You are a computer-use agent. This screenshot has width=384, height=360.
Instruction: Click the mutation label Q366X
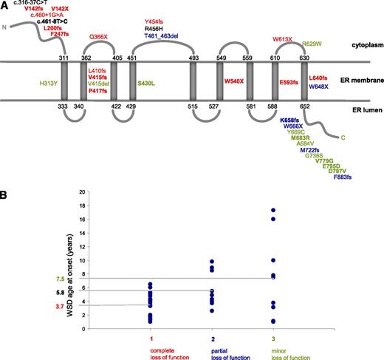click(x=98, y=37)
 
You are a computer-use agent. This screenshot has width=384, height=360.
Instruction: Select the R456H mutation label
click(x=154, y=29)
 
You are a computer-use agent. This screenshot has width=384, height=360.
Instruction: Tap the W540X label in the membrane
click(x=234, y=81)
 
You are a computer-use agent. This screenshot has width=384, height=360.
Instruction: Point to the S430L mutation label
click(x=146, y=84)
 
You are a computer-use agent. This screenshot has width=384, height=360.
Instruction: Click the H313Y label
click(x=49, y=84)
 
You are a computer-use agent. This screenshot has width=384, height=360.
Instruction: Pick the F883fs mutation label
click(x=343, y=177)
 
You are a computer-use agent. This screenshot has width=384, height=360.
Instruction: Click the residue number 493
click(x=193, y=58)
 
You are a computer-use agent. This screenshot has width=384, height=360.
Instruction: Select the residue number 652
click(x=305, y=106)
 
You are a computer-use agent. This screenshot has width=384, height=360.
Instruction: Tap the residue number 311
click(x=64, y=58)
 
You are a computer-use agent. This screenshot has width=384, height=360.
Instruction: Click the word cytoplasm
click(x=368, y=45)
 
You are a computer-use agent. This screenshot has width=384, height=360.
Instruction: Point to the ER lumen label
click(x=367, y=110)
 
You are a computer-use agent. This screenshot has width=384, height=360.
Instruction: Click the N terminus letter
click(x=4, y=27)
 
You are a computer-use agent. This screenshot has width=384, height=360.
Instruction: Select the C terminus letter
click(x=343, y=137)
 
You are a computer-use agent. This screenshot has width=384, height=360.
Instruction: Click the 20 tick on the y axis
click(x=82, y=191)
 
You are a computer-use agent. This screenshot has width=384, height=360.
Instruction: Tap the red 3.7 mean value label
click(x=60, y=307)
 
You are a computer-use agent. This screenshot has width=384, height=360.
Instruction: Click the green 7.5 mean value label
click(x=60, y=279)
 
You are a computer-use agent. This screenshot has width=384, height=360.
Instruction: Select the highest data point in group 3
click(x=273, y=210)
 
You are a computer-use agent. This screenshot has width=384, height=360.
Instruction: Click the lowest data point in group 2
click(x=212, y=311)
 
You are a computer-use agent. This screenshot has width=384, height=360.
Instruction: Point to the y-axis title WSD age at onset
click(x=70, y=275)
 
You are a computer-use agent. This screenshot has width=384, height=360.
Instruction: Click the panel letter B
click(x=3, y=195)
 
